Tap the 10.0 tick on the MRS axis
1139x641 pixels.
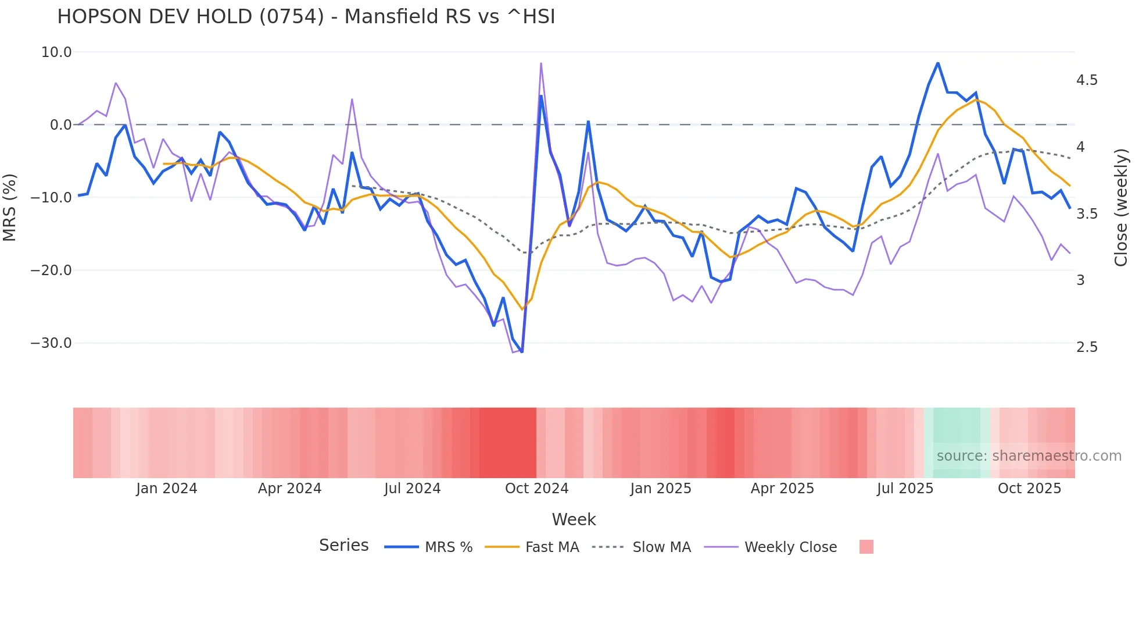click(x=56, y=52)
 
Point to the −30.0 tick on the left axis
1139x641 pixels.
click(x=52, y=343)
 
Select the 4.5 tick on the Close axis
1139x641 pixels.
click(x=1087, y=80)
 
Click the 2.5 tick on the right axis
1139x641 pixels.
click(x=1087, y=347)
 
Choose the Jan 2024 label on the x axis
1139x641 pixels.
click(x=167, y=489)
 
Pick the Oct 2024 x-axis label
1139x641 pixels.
click(x=536, y=489)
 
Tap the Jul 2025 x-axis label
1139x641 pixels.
click(x=905, y=489)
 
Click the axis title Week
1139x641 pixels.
click(x=574, y=519)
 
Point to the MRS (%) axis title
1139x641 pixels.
click(x=10, y=207)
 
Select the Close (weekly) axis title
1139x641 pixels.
click(x=1121, y=207)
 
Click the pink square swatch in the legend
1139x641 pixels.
click(x=866, y=547)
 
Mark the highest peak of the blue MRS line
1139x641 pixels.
click(x=937, y=63)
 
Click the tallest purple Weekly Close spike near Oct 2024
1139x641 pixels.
click(x=541, y=63)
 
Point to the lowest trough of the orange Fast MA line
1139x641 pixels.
click(x=522, y=309)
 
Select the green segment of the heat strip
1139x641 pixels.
click(x=957, y=443)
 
